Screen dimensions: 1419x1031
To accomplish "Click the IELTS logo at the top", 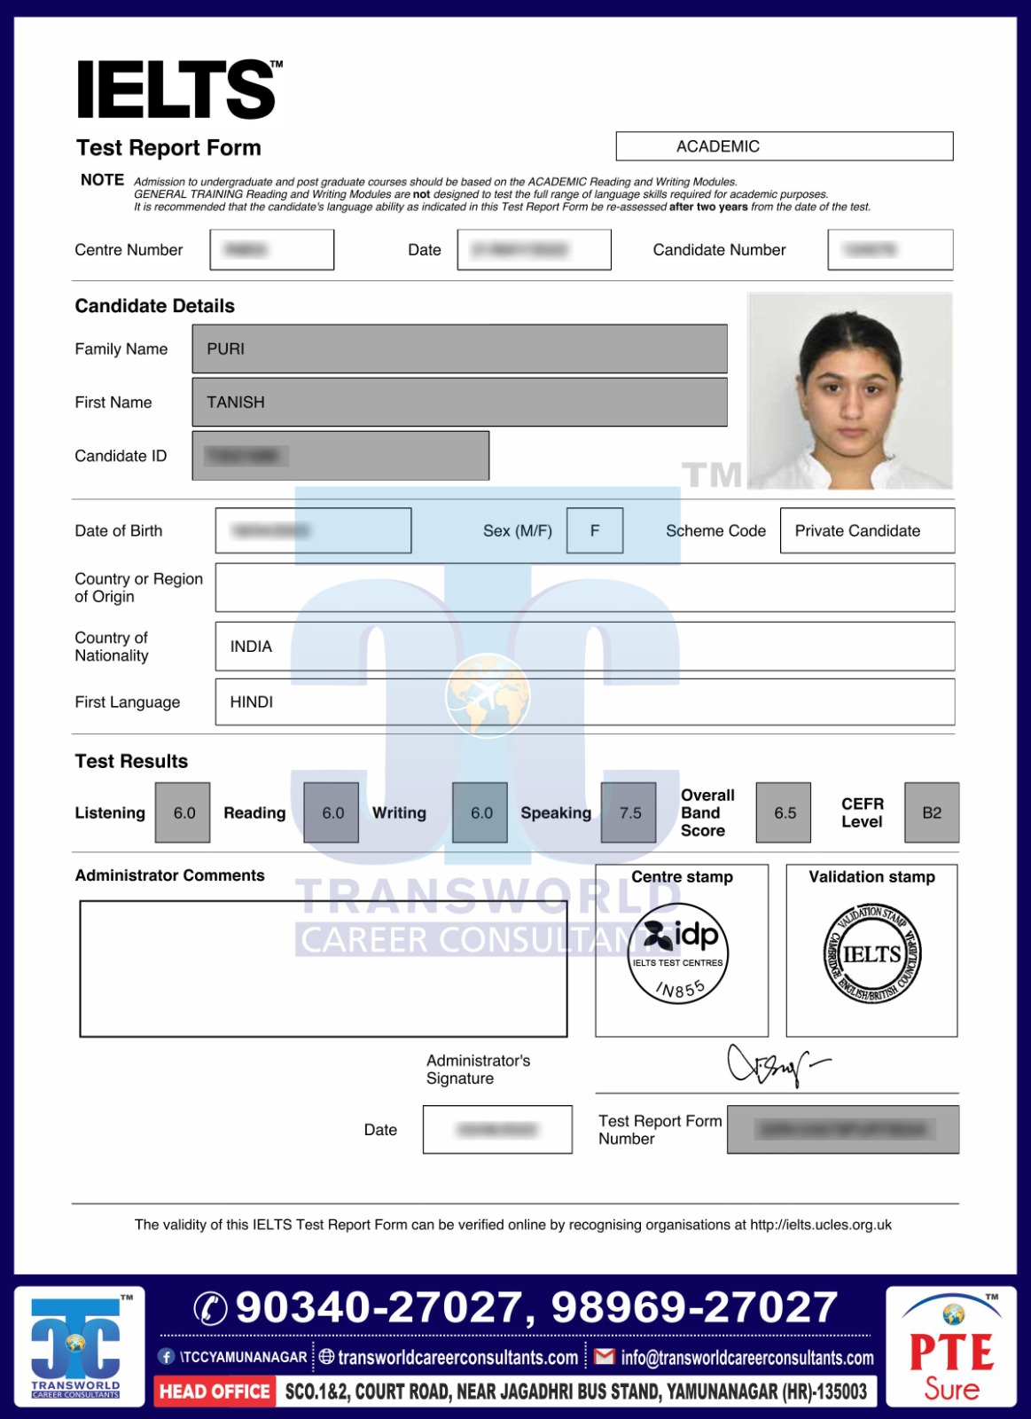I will click(x=177, y=90).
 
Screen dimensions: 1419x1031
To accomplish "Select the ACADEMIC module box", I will click(x=784, y=146).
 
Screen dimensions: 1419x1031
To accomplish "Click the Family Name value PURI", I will click(x=226, y=349).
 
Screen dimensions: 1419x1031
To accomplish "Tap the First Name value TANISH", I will click(x=236, y=403).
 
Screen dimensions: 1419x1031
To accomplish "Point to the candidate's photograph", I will click(x=849, y=390).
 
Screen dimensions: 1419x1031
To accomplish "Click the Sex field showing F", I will click(x=595, y=530).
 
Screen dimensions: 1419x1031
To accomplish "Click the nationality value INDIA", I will click(x=251, y=647).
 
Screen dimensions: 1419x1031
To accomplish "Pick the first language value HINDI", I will click(x=252, y=702).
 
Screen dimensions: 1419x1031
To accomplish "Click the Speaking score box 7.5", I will click(x=629, y=812).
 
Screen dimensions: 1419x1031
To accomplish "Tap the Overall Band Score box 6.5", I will click(x=784, y=812).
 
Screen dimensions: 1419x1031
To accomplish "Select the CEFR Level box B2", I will click(x=932, y=812).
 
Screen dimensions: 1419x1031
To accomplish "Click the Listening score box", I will click(x=184, y=812).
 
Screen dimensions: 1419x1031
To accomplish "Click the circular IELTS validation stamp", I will click(x=872, y=955).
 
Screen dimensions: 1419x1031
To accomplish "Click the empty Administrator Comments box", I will click(x=324, y=968).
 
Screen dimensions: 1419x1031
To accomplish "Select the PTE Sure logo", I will click(x=951, y=1347).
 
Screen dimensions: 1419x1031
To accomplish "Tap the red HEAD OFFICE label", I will click(x=215, y=1392).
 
